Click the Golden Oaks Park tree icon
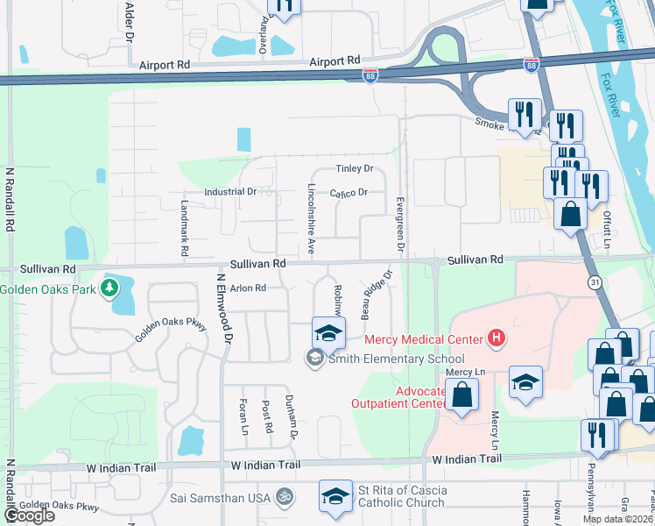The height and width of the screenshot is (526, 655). click(110, 288)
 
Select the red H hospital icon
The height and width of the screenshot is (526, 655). click(497, 338)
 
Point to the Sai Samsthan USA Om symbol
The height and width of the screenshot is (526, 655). click(283, 497)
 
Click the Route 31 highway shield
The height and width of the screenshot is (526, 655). click(594, 281)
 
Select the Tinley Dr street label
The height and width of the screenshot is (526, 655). click(355, 168)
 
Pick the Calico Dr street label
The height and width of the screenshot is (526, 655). click(348, 192)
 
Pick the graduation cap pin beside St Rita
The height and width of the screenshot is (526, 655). click(336, 495)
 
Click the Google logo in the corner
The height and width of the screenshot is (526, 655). click(29, 515)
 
